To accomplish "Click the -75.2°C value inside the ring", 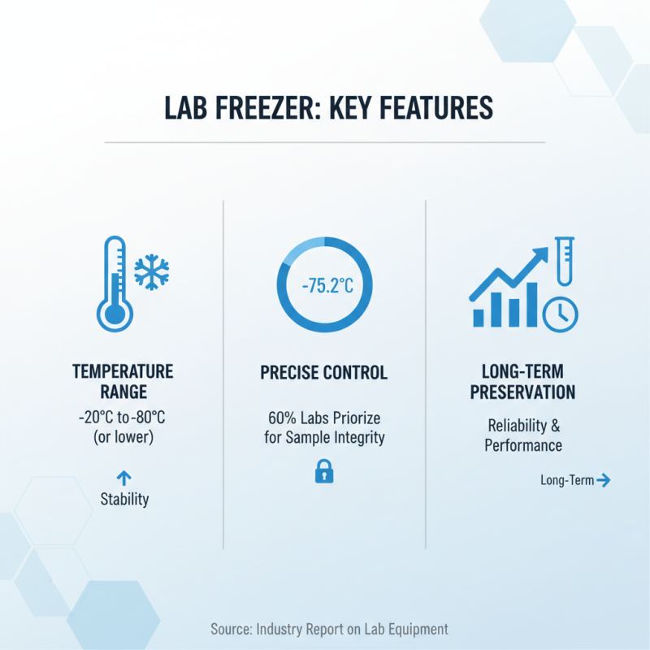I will (324, 287).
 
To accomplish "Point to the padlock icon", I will (324, 471).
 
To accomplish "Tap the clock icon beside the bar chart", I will (561, 313).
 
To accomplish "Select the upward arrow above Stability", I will (124, 478).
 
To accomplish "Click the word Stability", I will (124, 499).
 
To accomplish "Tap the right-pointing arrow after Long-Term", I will (603, 480).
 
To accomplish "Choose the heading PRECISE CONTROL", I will (324, 373).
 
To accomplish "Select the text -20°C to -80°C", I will (123, 418).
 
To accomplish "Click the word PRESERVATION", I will (524, 392).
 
